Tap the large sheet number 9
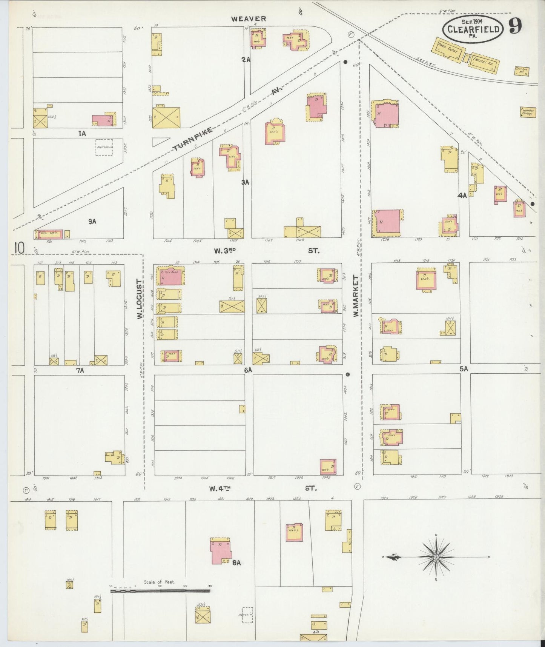tap(515, 26)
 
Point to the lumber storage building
tap(528, 112)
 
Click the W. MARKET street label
tap(356, 296)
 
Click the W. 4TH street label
tap(220, 488)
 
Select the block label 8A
tap(236, 563)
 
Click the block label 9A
tap(92, 222)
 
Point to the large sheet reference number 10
tap(19, 248)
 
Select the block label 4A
tap(462, 196)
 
